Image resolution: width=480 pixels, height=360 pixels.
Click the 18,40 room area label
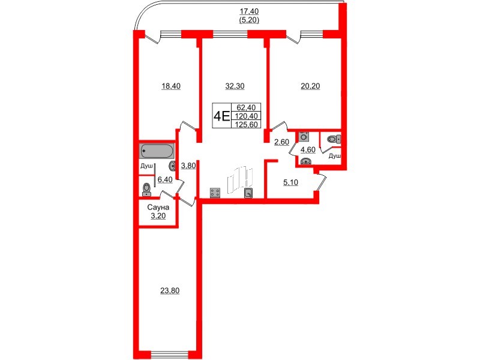pos(171,86)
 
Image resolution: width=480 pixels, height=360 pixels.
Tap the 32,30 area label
pos(235,86)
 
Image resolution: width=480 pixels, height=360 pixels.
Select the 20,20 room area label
pos(310,86)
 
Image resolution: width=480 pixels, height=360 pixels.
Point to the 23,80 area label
pos(170,290)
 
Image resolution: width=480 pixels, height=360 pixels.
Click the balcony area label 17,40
pos(249,11)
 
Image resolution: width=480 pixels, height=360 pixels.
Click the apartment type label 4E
pos(221,116)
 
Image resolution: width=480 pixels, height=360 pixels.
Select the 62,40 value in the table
pos(247,107)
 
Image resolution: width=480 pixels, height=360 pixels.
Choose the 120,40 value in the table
pos(247,116)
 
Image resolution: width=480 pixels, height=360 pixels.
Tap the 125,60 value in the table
pos(247,124)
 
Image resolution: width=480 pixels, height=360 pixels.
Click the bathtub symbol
pos(157,151)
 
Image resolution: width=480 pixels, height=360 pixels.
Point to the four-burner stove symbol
pos(215,193)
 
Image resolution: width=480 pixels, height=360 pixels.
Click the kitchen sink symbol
pos(248,193)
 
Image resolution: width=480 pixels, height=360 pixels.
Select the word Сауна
pos(158,208)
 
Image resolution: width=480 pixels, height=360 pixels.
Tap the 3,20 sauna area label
pos(158,216)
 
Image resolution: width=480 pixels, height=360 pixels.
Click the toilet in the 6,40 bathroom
pos(147,190)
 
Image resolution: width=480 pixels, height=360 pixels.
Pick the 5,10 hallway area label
pos(291,183)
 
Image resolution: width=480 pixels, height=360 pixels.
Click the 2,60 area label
pos(281,142)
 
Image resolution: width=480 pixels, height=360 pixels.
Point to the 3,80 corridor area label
pos(188,166)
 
